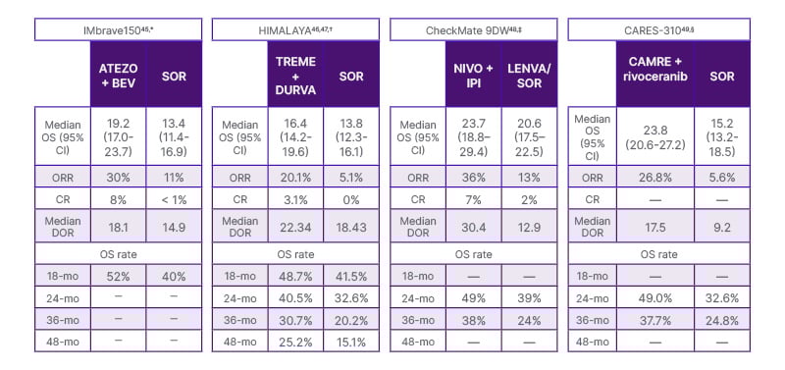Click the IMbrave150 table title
(119, 29)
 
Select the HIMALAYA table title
(295, 29)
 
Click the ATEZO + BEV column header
(118, 75)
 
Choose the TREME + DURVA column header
(294, 75)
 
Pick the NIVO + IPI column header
(472, 75)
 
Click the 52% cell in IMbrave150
(118, 277)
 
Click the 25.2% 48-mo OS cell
(294, 341)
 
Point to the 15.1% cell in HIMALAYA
(350, 341)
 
